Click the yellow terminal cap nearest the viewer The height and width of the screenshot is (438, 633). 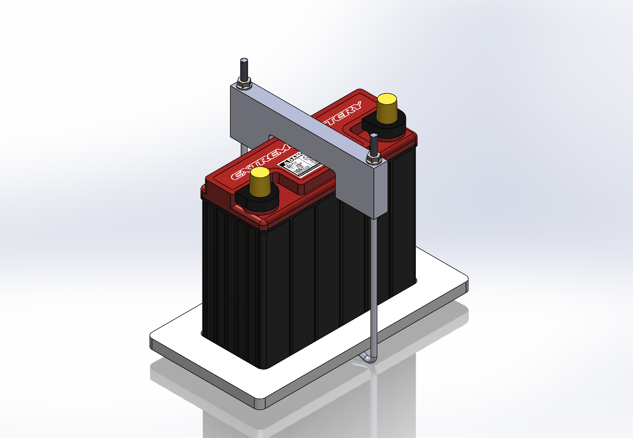(260, 182)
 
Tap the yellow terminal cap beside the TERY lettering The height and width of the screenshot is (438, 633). (387, 109)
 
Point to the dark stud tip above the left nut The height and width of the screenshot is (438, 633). (244, 66)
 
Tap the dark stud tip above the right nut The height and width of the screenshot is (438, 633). (374, 143)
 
